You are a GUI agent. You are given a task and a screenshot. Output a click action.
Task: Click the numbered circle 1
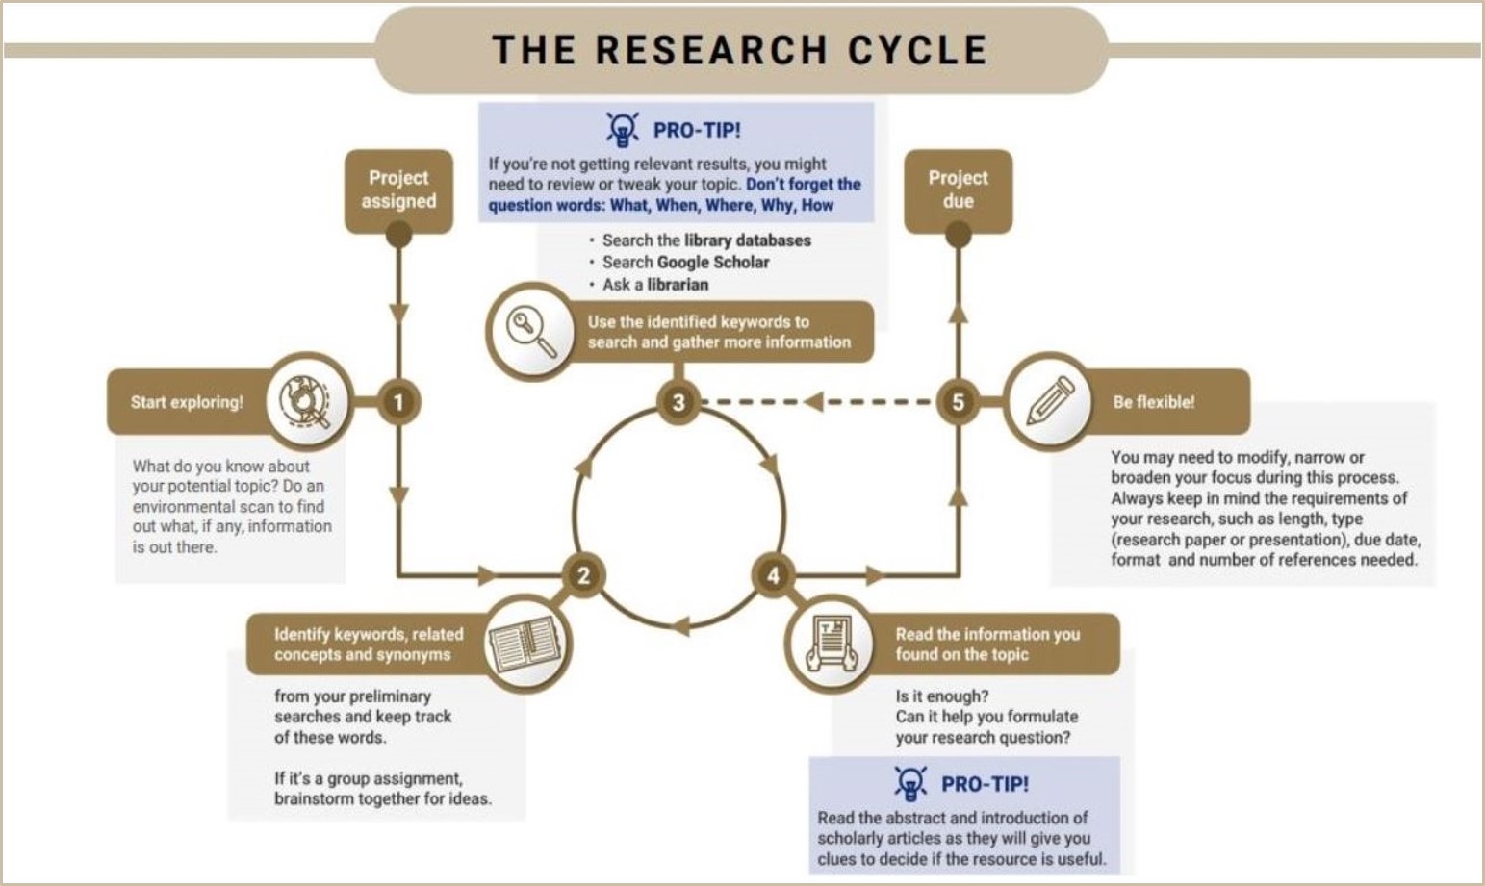[x=398, y=402]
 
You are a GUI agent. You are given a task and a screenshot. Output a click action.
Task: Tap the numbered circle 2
[x=583, y=575]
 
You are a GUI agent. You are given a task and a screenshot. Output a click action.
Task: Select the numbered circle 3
[x=678, y=402]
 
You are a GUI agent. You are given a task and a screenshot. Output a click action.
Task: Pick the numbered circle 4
[x=773, y=575]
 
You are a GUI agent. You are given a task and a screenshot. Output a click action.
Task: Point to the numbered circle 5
[x=958, y=402]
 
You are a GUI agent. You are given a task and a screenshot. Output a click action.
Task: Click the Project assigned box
[x=398, y=190]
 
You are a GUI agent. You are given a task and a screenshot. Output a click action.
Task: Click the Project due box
[x=958, y=190]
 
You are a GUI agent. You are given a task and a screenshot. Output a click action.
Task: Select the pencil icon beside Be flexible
[x=1050, y=401]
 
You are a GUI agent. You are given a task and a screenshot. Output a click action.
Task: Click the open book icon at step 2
[x=524, y=644]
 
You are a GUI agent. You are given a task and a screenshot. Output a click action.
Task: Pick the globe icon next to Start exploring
[x=304, y=401]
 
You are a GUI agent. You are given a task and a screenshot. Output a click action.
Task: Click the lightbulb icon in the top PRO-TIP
[x=623, y=130]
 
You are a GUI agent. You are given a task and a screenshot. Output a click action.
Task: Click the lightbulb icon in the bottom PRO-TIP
[x=910, y=783]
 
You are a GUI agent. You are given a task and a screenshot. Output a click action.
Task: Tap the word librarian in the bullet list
[x=678, y=285]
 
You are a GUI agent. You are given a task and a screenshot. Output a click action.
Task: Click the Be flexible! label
[x=1153, y=402]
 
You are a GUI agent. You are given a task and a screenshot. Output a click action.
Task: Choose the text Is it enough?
[x=941, y=696]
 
